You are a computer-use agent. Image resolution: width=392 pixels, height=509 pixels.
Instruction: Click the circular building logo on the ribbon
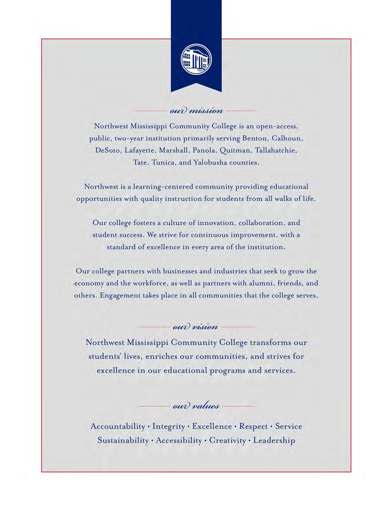point(196,60)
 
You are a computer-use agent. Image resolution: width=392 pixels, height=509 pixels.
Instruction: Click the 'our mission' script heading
point(196,111)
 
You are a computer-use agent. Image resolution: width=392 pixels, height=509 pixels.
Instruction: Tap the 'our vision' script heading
point(196,327)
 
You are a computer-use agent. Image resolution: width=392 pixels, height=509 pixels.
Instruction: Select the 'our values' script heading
point(196,406)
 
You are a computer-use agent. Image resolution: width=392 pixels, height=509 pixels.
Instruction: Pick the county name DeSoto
point(108,150)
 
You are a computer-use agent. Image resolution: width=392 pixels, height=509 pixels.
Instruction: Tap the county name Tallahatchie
point(276,150)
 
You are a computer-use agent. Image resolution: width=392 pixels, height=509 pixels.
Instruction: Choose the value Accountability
point(118,426)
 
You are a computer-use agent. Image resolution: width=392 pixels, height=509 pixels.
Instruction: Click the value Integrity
point(168,427)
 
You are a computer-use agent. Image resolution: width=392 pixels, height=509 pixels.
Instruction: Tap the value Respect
point(253,427)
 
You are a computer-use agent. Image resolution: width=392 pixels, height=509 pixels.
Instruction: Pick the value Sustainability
point(123,440)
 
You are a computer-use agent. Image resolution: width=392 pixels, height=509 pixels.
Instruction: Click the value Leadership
point(274,440)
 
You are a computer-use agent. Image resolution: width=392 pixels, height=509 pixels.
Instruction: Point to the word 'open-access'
point(277,126)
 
